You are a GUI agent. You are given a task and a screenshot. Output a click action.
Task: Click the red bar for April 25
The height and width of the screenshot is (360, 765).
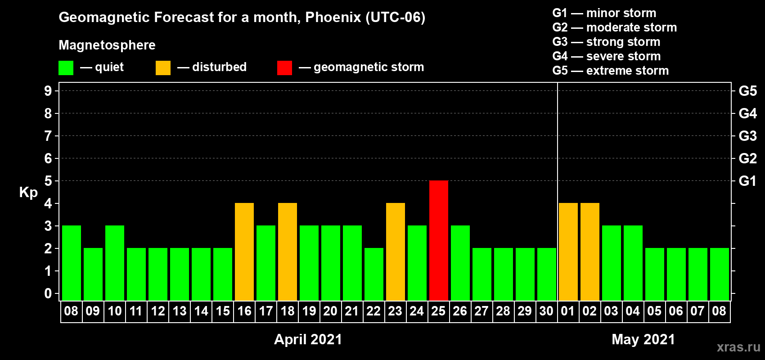438,240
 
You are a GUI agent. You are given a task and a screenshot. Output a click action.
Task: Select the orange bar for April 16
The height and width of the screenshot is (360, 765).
244,252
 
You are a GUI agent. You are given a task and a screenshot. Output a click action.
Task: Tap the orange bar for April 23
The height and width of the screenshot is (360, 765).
396,252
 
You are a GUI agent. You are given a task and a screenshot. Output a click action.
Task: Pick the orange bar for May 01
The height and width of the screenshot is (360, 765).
568,252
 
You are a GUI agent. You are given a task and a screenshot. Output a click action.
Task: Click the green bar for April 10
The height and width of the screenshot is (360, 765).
115,263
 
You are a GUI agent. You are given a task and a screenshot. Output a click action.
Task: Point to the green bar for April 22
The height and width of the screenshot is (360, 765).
374,274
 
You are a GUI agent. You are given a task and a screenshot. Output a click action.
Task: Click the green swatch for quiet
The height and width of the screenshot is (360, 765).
66,67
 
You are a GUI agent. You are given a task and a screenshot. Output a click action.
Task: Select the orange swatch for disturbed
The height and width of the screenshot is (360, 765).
163,67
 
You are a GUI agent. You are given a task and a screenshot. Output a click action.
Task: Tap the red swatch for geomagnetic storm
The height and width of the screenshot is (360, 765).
284,67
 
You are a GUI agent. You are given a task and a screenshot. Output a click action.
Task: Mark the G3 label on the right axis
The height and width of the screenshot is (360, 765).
747,136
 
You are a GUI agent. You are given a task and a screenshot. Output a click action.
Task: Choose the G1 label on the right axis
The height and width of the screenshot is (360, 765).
747,181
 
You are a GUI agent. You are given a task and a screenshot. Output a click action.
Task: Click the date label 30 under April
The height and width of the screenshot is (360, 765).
546,311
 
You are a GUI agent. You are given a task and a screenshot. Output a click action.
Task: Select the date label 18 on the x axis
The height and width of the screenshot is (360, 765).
288,311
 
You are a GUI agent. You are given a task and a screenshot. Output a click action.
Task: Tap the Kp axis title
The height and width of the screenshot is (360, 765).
28,193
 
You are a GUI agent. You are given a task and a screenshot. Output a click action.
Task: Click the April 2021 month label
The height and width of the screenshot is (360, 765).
308,339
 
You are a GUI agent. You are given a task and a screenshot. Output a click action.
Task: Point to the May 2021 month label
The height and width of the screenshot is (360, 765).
643,339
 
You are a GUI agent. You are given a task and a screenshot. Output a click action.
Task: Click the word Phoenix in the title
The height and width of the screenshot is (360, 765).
333,17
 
